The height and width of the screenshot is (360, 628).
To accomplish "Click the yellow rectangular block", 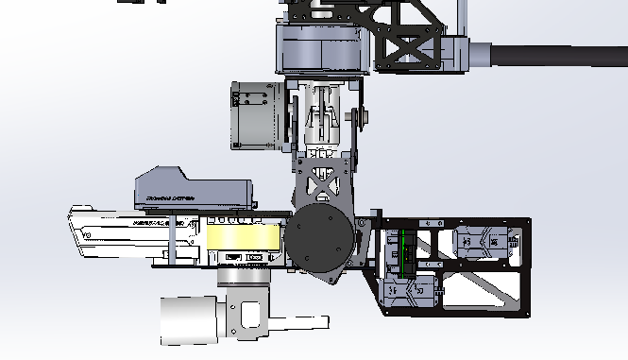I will click(245, 237).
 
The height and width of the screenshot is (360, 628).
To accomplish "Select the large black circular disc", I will click(322, 240).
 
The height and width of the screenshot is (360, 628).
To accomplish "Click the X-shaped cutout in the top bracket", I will click(409, 45).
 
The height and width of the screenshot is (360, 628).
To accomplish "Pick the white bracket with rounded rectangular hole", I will click(248, 318).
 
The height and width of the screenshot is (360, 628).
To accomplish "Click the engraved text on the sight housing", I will click(170, 198).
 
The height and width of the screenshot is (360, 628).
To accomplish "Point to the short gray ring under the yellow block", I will click(242, 275).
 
